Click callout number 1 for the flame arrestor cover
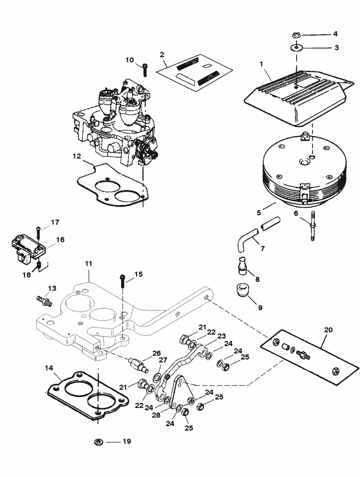(x=261, y=64)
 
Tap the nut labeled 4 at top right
(x=295, y=35)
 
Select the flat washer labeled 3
(x=295, y=48)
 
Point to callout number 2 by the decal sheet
(x=162, y=54)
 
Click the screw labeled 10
(x=145, y=69)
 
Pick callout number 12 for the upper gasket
(x=77, y=156)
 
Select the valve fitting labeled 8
(x=242, y=266)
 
